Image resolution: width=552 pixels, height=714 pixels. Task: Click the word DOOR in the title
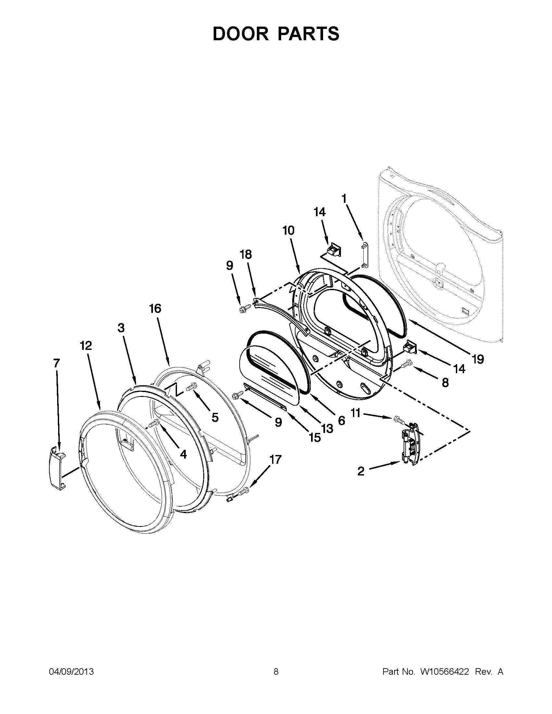click(241, 33)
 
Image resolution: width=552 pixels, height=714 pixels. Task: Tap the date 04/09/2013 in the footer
click(71, 671)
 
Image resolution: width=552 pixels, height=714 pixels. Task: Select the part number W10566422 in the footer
click(445, 671)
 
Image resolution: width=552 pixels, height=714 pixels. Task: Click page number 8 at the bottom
click(276, 671)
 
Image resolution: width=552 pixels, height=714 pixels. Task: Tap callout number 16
click(155, 308)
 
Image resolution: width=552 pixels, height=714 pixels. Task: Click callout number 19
click(478, 359)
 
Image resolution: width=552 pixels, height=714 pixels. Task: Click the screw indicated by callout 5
click(191, 387)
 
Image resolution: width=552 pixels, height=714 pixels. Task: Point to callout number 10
click(288, 230)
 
